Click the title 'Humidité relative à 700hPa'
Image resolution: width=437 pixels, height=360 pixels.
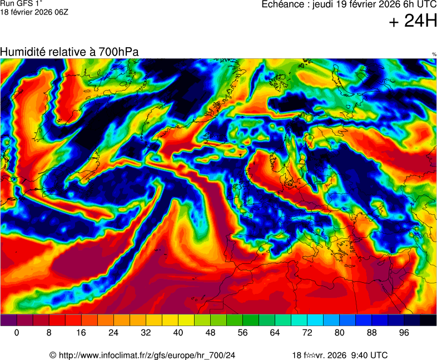(69, 52)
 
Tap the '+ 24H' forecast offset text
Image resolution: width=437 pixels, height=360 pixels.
(413, 22)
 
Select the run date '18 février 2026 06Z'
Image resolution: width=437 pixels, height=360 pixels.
(34, 12)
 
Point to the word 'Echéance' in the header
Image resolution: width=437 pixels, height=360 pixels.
(281, 4)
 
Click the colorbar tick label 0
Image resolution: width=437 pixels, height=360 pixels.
(17, 332)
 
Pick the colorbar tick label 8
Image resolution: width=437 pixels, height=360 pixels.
(49, 332)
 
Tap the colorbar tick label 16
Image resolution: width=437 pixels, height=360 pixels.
(81, 332)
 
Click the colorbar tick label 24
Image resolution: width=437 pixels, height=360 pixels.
(113, 332)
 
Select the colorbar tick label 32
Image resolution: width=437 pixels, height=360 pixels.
(146, 332)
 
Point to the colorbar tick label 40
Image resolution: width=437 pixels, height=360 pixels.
(178, 332)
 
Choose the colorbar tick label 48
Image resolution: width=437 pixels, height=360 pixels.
(210, 332)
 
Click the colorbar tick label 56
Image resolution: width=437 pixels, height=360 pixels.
(242, 332)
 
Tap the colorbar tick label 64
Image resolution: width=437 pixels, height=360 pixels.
(275, 332)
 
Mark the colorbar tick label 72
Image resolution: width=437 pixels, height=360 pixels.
(307, 332)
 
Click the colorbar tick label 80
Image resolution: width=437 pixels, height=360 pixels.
(339, 332)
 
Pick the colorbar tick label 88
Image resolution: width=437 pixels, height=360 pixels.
(371, 332)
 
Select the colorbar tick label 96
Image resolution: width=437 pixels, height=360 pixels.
(404, 332)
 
